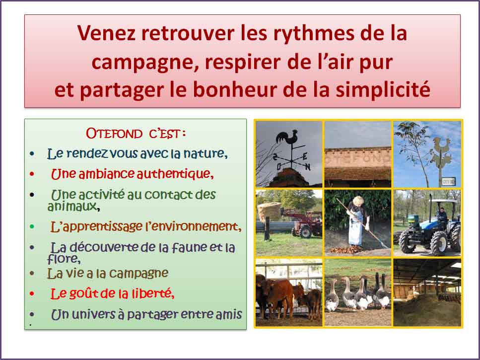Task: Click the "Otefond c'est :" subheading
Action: pyautogui.click(x=136, y=134)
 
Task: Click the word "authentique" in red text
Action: pyautogui.click(x=175, y=174)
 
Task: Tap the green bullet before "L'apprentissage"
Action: pyautogui.click(x=32, y=226)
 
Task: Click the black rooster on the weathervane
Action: pyautogui.click(x=287, y=137)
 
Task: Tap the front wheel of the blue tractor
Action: pyautogui.click(x=439, y=243)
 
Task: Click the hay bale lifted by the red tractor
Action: pyautogui.click(x=269, y=212)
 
